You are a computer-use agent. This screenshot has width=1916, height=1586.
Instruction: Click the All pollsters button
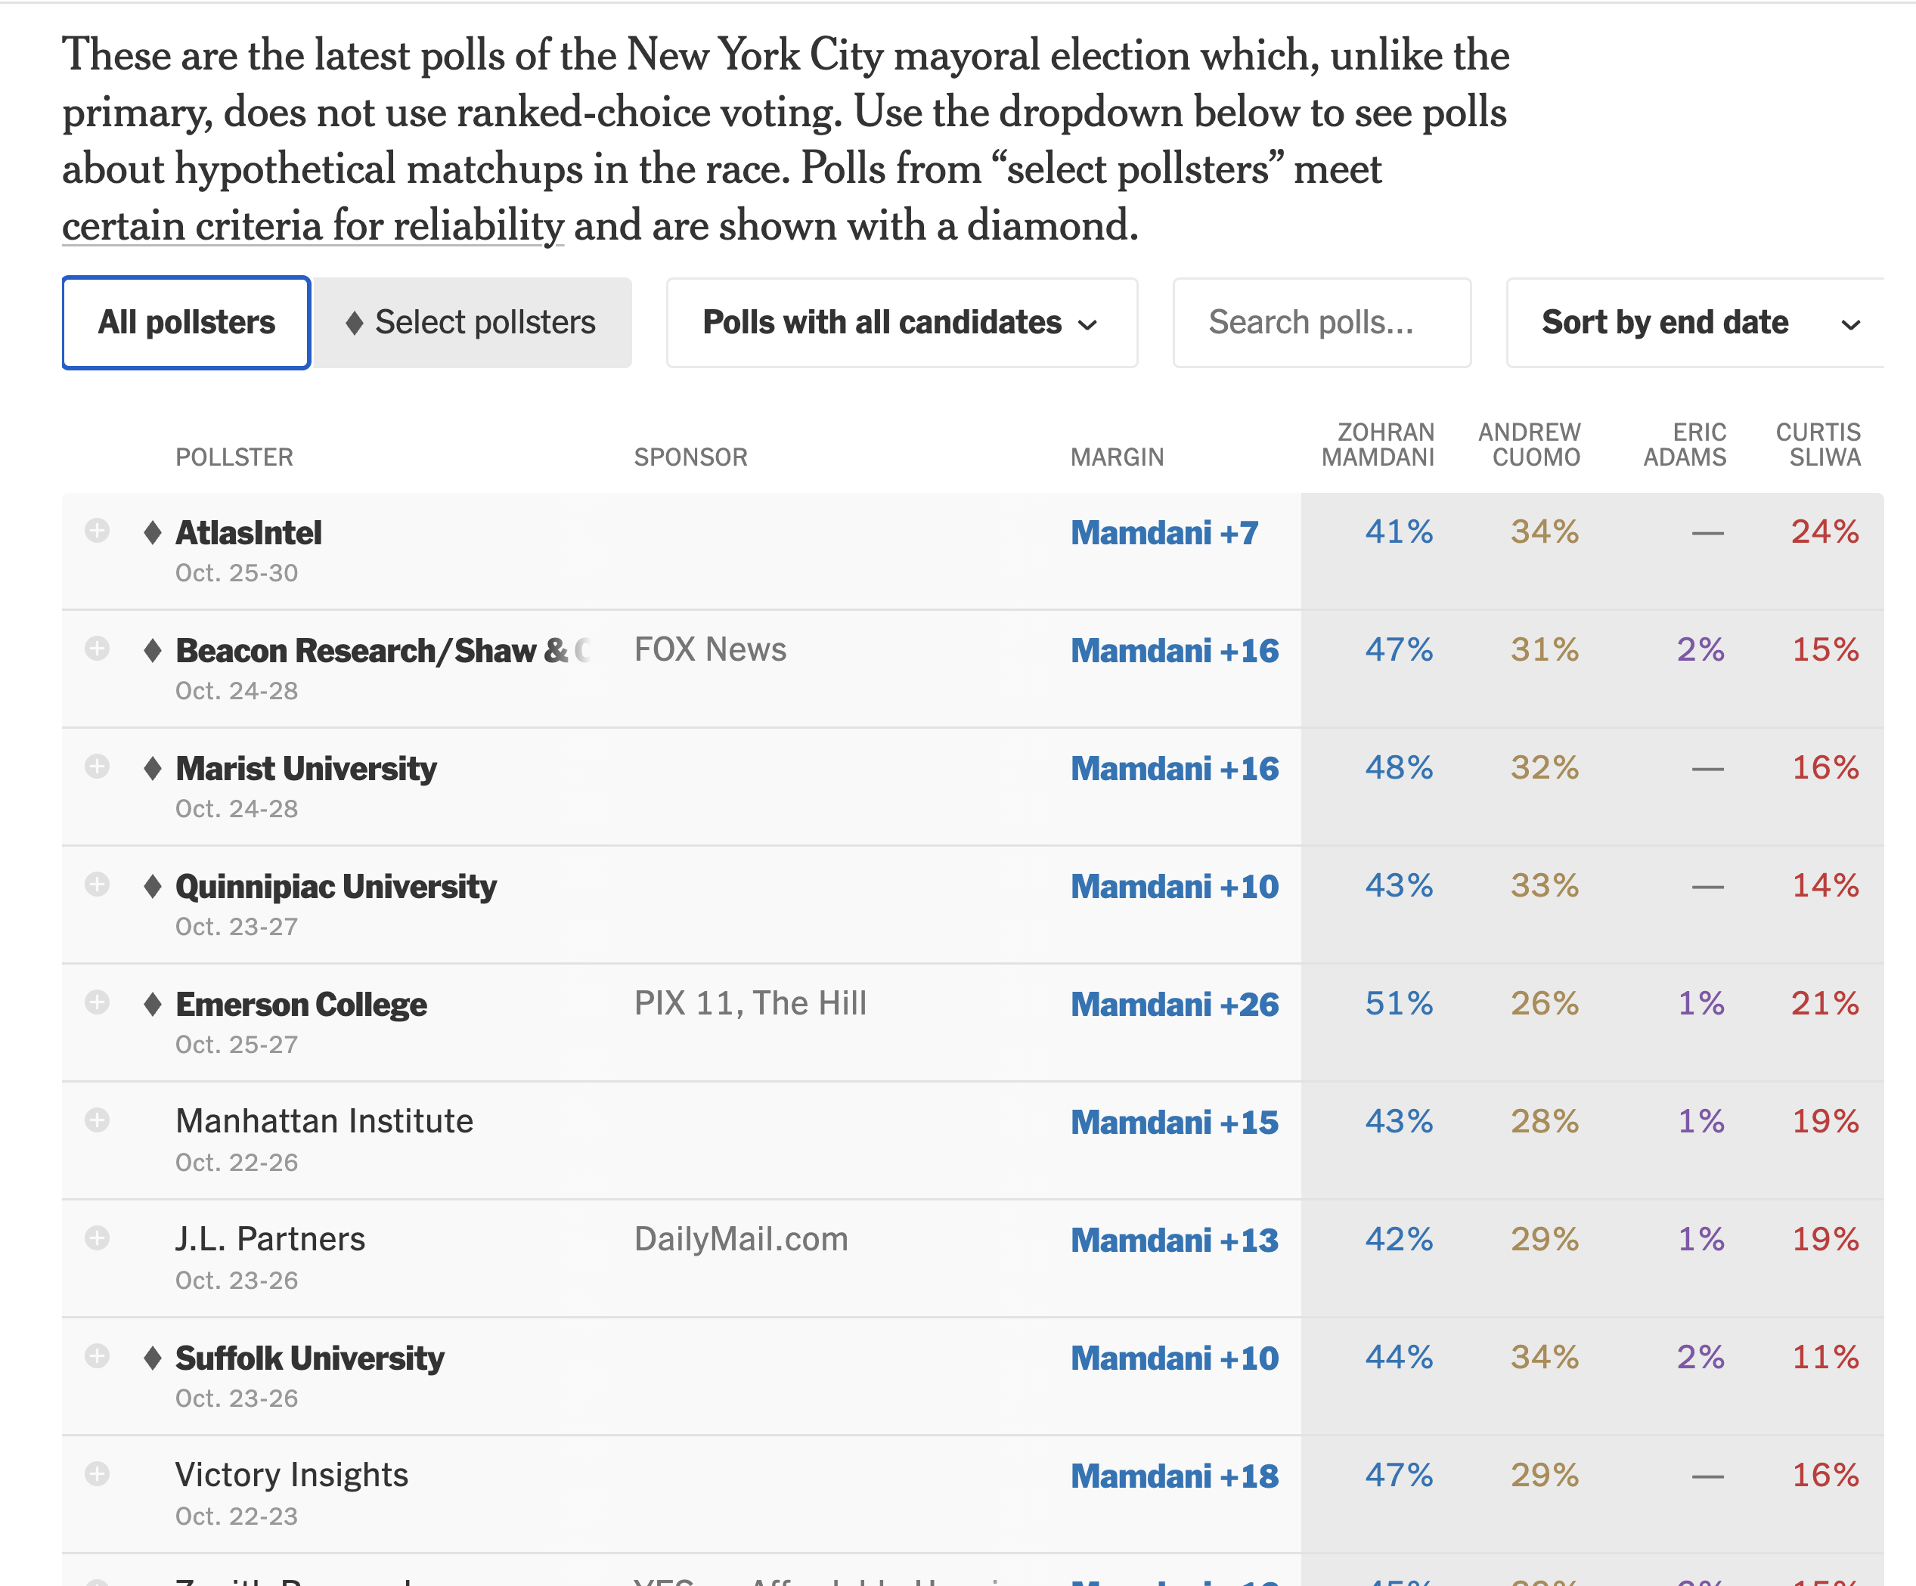(x=186, y=323)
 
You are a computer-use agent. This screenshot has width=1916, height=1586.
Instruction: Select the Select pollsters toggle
(x=472, y=323)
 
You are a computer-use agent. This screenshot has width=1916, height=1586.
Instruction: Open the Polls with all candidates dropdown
(x=901, y=323)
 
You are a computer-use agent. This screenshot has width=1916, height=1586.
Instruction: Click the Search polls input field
(x=1321, y=323)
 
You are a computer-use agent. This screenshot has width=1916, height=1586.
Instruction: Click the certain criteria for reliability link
(x=313, y=225)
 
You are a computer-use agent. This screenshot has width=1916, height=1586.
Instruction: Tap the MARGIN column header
(x=1117, y=457)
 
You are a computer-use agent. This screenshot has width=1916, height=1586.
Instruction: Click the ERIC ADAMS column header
(x=1685, y=445)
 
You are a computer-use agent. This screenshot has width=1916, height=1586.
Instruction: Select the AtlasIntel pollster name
(x=248, y=533)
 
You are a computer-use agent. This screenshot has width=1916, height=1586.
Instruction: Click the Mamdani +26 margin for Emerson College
(x=1174, y=1004)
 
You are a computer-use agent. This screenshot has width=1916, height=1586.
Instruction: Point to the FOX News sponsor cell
(x=710, y=649)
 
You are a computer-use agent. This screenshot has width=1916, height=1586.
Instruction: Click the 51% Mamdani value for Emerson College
(x=1399, y=1003)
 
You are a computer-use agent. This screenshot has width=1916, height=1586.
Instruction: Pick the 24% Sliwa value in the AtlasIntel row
(x=1825, y=531)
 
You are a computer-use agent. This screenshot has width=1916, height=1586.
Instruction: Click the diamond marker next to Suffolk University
(x=153, y=1357)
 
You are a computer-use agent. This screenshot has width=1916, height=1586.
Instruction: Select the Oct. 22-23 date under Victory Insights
(x=237, y=1516)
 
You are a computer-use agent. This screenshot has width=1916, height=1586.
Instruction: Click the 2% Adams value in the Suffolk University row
(x=1701, y=1357)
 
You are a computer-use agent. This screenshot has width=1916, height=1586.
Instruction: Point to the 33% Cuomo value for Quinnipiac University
(x=1545, y=885)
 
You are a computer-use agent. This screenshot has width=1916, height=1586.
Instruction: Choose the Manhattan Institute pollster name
(x=324, y=1121)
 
